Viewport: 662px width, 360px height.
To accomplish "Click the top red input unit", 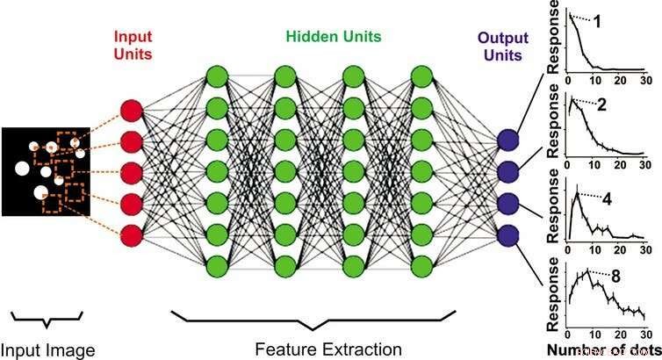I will pyautogui.click(x=131, y=111).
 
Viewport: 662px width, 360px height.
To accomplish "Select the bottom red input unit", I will pyautogui.click(x=131, y=234).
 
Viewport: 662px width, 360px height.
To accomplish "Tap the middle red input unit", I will pyautogui.click(x=131, y=172).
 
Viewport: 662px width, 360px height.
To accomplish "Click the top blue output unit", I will pyautogui.click(x=508, y=140).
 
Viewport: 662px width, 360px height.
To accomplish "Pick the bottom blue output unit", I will pyautogui.click(x=508, y=235).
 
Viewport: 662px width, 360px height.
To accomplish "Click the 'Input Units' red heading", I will pyautogui.click(x=132, y=46).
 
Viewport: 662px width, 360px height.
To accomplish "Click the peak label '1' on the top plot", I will pyautogui.click(x=621, y=21).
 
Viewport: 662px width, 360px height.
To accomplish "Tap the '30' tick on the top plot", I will pyautogui.click(x=645, y=82).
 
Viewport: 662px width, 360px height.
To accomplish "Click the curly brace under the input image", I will pyautogui.click(x=47, y=315).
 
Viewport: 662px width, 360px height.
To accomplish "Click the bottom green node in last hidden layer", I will pyautogui.click(x=422, y=263).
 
